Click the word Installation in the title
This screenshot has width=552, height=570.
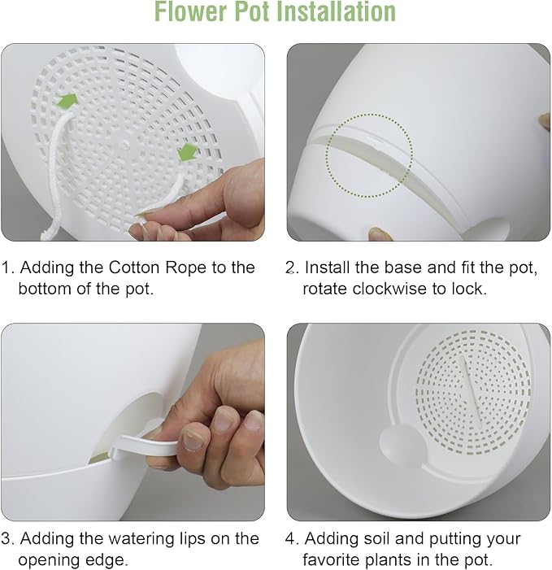point(333,13)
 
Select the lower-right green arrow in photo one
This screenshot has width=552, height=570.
point(188,151)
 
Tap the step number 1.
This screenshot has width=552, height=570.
point(7,268)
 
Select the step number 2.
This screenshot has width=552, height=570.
point(292,268)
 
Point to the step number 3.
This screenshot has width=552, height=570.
point(7,538)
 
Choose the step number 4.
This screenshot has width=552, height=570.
point(292,538)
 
